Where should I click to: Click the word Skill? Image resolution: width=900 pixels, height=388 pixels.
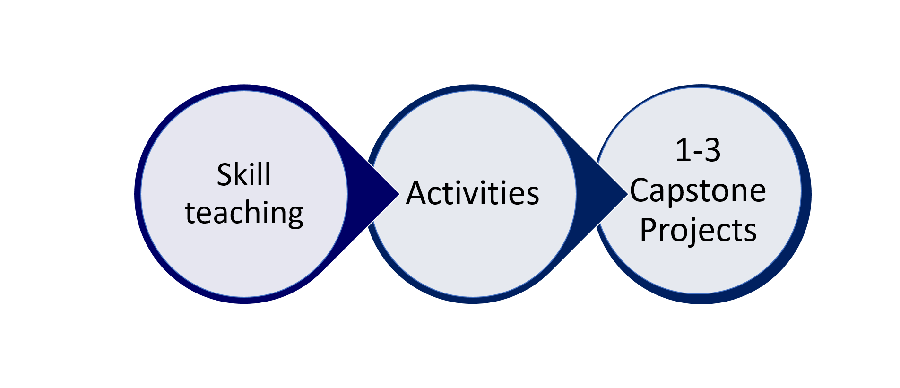coord(243,174)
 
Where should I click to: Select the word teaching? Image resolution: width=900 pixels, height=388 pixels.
coord(244,214)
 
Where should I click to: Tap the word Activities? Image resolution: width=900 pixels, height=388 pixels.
coord(472,193)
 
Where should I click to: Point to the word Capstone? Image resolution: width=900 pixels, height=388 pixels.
coord(698,191)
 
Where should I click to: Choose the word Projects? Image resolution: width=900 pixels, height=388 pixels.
coord(698,231)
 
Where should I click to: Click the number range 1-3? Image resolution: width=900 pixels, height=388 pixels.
coord(698,151)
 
